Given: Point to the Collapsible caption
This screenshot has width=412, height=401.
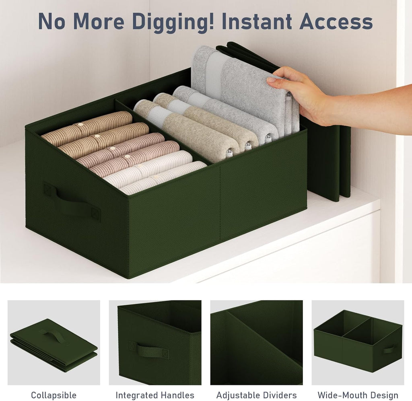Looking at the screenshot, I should tap(54, 395).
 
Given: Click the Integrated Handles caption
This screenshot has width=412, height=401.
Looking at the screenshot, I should tap(155, 395).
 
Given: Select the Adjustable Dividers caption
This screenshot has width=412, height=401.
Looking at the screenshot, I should tap(256, 395).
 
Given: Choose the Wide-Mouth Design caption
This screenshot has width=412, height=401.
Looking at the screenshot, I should tap(358, 395).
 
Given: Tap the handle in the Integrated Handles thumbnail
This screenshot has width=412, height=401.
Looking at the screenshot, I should tap(148, 350).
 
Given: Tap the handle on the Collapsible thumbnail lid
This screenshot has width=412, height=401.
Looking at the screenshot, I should tap(55, 336).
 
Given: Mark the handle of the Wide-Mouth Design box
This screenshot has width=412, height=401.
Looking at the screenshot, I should tap(389, 350).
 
